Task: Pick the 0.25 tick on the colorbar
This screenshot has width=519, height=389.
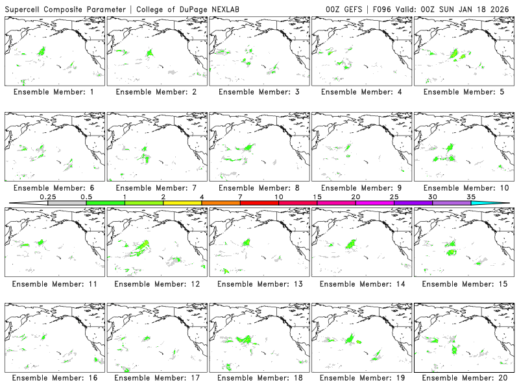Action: point(48,197)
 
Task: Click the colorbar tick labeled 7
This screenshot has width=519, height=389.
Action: point(240,197)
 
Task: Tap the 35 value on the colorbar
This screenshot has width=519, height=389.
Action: point(471,197)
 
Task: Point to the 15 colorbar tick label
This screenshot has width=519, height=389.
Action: point(317,197)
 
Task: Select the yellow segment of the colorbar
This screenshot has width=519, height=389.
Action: point(182,203)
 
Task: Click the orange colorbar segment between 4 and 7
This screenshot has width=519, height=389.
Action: point(221,203)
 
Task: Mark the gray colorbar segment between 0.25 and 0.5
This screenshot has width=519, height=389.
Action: point(67,203)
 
